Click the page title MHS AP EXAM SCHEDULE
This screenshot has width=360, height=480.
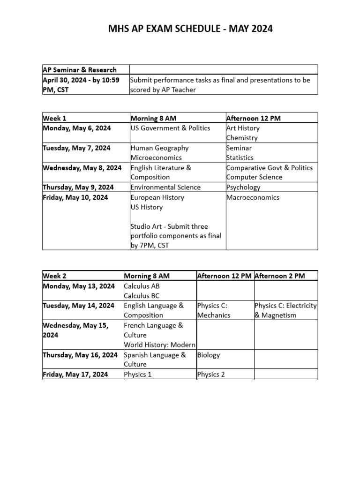[190, 29]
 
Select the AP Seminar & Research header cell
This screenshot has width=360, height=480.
[80, 70]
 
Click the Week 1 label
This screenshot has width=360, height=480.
[54, 118]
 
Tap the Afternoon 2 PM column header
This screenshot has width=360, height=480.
[280, 276]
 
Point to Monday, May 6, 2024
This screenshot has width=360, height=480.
[76, 128]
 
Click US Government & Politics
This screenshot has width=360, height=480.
[171, 128]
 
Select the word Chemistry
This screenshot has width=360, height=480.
[242, 138]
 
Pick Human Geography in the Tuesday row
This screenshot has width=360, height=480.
[160, 148]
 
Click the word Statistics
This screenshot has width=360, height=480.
[240, 157]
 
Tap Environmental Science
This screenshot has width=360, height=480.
[165, 187]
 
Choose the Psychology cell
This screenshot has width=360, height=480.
[243, 187]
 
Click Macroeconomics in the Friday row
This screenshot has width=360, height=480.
[253, 197]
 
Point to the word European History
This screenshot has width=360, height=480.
[157, 197]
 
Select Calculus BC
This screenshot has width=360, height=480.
[142, 295]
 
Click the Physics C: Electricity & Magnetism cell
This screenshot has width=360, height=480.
[285, 310]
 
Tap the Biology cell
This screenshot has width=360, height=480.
[209, 355]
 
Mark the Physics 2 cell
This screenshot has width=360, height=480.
[211, 374]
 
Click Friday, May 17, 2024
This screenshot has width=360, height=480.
[75, 374]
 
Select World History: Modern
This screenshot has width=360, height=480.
[159, 345]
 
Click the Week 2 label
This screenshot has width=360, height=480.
[54, 276]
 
